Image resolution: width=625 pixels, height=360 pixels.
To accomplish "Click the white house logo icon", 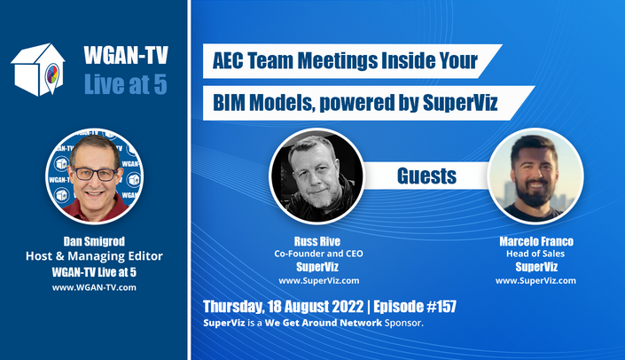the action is (38, 69).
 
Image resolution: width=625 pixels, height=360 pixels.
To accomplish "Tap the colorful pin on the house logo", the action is (52, 75).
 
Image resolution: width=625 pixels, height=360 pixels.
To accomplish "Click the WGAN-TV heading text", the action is (126, 55).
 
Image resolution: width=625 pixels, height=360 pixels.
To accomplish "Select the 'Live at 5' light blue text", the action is (126, 84).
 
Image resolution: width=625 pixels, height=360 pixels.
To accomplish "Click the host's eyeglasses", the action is (95, 174).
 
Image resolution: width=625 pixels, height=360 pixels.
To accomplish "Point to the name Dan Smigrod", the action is (94, 241).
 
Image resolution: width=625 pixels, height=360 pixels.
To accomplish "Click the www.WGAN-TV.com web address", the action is (94, 287).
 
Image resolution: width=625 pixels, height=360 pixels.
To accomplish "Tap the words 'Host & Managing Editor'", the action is (94, 256).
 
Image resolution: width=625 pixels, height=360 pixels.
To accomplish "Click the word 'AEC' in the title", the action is (228, 61).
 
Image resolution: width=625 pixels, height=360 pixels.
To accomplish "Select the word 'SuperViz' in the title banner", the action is (460, 103).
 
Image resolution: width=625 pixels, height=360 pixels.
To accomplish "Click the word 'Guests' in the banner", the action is (426, 176).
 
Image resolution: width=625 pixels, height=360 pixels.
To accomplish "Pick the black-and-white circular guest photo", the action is (316, 176).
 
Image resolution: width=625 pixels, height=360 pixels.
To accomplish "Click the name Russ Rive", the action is (317, 241).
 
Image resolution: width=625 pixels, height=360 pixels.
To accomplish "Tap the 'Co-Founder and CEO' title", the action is (318, 254).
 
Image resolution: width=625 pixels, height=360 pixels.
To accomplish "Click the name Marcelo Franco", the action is (536, 241).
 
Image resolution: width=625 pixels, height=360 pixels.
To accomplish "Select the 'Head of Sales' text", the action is (535, 254).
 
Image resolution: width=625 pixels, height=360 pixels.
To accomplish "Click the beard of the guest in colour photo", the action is (535, 193).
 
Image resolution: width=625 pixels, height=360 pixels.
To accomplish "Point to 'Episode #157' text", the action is (415, 307).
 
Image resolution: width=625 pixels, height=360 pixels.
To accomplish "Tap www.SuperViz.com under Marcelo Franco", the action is (535, 281).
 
